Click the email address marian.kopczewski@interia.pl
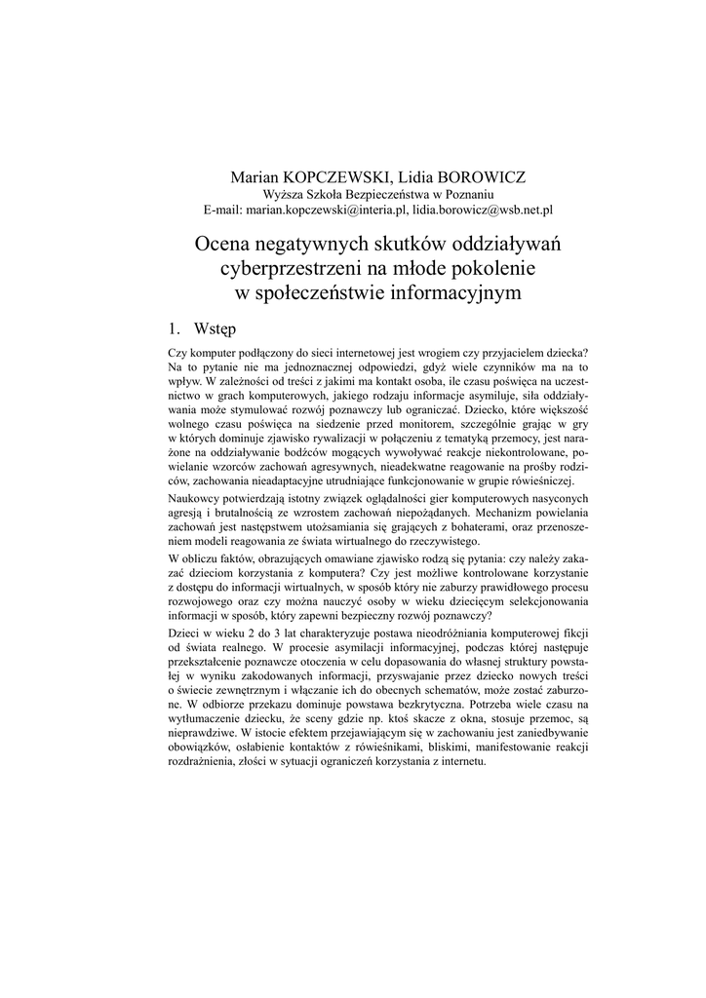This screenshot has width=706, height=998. click(328, 210)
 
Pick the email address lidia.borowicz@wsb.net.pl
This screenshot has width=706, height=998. click(483, 210)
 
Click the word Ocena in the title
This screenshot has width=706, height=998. click(226, 243)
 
